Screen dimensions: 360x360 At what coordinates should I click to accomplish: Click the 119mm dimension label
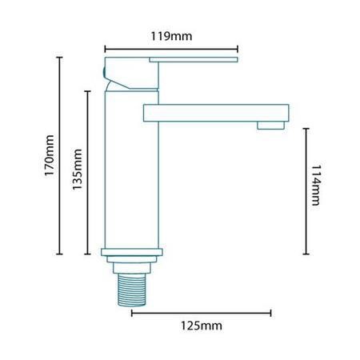click(172, 36)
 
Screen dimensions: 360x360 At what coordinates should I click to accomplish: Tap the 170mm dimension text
click(50, 155)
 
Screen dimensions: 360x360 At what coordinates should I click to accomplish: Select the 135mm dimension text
click(78, 170)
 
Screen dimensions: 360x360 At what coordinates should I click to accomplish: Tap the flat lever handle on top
click(192, 59)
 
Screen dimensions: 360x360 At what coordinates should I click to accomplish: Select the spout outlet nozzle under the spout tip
click(270, 124)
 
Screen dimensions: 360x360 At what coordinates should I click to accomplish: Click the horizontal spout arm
click(216, 111)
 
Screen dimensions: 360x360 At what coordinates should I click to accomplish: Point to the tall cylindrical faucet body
click(133, 176)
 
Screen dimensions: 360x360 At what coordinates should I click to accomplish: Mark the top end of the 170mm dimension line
click(60, 57)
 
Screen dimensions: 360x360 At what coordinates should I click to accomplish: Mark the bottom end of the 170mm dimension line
click(60, 254)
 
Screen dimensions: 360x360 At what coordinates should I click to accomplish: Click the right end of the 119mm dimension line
click(238, 47)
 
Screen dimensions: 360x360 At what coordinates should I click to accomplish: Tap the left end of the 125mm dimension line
click(131, 312)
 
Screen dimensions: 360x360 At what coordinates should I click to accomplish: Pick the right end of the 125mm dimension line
click(271, 312)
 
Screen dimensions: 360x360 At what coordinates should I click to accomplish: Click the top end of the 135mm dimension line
click(87, 90)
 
